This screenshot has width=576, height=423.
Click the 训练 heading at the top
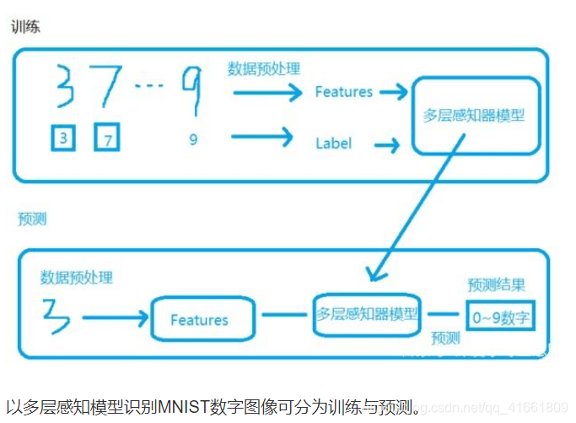pyautogui.click(x=24, y=26)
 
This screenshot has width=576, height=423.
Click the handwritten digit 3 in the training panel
pyautogui.click(x=63, y=86)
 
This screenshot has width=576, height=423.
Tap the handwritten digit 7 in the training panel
pyautogui.click(x=109, y=84)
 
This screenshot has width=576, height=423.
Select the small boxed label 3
pyautogui.click(x=62, y=138)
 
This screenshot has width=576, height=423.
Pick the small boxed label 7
pyautogui.click(x=107, y=139)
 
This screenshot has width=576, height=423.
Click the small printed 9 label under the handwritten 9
pyautogui.click(x=193, y=140)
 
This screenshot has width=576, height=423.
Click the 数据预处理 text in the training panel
pyautogui.click(x=263, y=69)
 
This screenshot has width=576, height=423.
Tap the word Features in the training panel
pyautogui.click(x=343, y=92)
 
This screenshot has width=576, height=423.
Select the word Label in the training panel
pyautogui.click(x=333, y=144)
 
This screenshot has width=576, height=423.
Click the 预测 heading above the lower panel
pyautogui.click(x=32, y=219)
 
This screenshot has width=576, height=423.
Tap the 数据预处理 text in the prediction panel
pyautogui.click(x=76, y=277)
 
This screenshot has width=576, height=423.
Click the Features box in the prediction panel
pyautogui.click(x=201, y=320)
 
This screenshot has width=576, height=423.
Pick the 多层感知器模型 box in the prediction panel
pyautogui.click(x=367, y=313)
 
